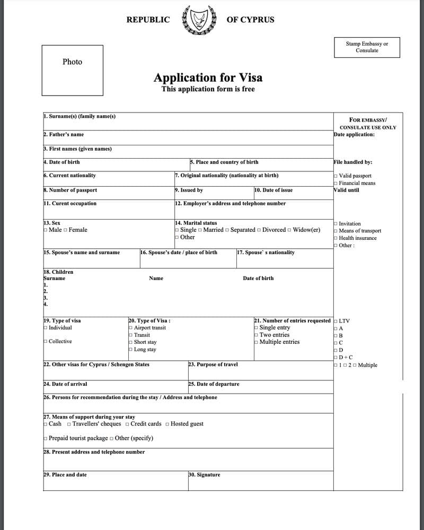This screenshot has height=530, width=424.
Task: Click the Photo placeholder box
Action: [72, 70]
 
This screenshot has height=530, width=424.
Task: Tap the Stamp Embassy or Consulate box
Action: [367, 47]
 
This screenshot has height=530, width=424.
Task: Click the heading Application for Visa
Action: [208, 77]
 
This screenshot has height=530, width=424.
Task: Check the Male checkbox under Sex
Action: [45, 230]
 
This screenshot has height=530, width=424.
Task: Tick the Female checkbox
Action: [65, 230]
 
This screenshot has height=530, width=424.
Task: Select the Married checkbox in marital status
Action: [200, 230]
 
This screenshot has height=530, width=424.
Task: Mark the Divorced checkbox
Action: [259, 230]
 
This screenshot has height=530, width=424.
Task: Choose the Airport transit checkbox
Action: [130, 328]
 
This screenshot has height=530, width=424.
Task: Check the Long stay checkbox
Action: [130, 350]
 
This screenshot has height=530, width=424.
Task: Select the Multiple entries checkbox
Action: [256, 342]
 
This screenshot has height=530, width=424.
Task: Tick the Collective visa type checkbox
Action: [45, 342]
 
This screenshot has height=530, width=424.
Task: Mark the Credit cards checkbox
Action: [127, 424]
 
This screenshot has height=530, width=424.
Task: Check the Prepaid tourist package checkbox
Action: [45, 438]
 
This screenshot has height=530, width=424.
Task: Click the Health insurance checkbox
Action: [335, 238]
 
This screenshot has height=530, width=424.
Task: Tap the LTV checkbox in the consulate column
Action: [335, 321]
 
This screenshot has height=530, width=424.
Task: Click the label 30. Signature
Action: [204, 475]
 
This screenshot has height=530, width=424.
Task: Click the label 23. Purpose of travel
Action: [213, 364]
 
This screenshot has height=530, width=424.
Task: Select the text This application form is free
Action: [208, 89]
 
